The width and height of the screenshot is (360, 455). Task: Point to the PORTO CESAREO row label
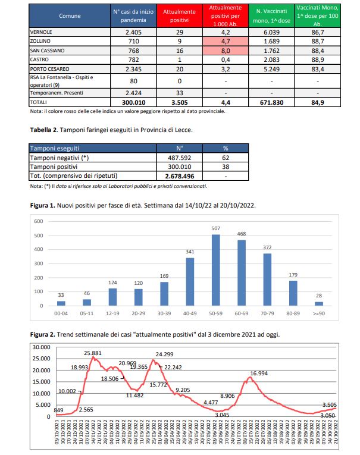tap(51, 70)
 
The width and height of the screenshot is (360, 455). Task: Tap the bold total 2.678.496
tap(180, 175)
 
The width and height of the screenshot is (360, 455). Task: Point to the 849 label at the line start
tap(42, 410)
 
